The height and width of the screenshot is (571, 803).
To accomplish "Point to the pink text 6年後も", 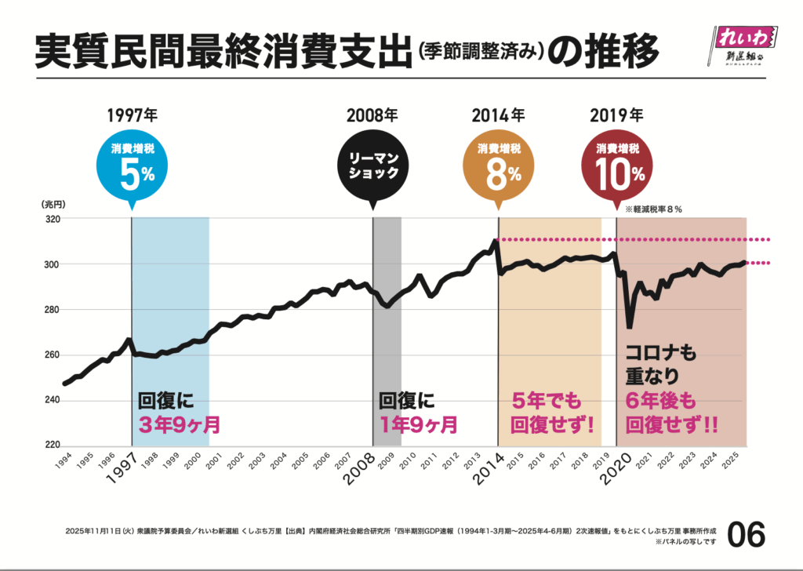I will click(660, 401).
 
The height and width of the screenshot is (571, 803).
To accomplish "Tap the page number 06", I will click(745, 535).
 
